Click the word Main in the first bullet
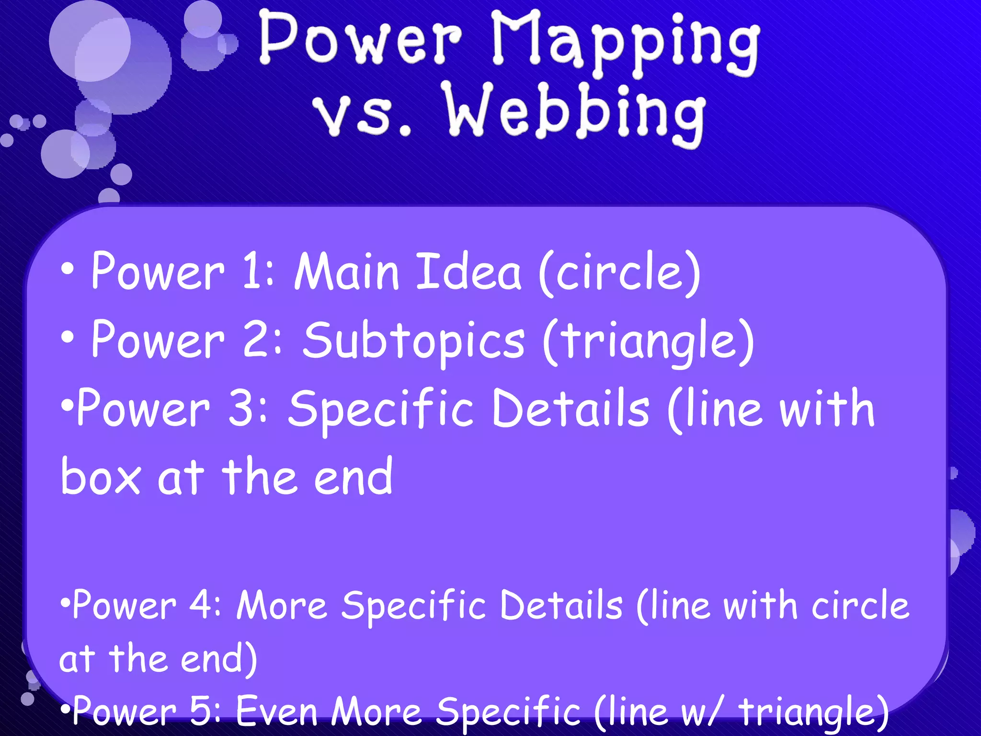click(x=346, y=272)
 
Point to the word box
click(x=101, y=477)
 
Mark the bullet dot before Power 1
click(x=68, y=270)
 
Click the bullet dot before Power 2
click(x=68, y=337)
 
